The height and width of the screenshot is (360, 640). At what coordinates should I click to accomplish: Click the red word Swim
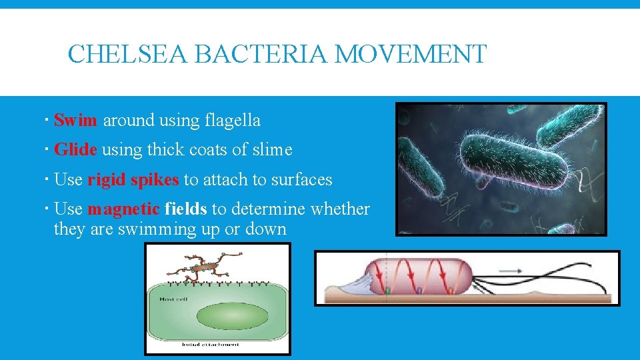[x=75, y=121]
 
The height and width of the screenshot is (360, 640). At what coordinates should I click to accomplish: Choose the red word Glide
[x=75, y=150]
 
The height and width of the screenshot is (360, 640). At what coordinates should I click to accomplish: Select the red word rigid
[x=107, y=180]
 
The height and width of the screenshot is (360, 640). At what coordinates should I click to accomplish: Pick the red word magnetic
[x=123, y=209]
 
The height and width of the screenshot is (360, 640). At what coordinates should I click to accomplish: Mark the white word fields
[x=185, y=209]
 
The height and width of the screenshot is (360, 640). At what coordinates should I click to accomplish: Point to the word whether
[x=341, y=209]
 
